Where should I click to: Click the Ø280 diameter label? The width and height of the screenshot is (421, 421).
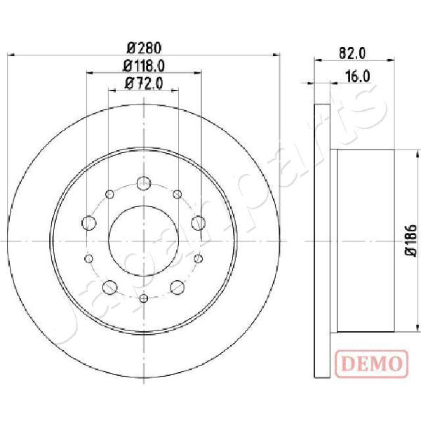tap(144, 48)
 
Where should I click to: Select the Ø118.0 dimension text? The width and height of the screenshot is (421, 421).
tap(144, 66)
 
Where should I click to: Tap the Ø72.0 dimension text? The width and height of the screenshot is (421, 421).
tap(144, 83)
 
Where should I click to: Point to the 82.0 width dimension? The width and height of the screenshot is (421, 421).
tap(352, 53)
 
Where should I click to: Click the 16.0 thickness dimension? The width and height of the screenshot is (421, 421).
tap(358, 76)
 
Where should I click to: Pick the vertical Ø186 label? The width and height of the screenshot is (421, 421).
tap(411, 241)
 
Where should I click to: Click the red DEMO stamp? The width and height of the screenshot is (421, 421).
tap(372, 363)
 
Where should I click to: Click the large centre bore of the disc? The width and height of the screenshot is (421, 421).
tap(144, 241)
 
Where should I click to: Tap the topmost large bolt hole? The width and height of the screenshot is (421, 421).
tap(144, 183)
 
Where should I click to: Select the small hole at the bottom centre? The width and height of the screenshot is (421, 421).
tap(144, 298)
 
